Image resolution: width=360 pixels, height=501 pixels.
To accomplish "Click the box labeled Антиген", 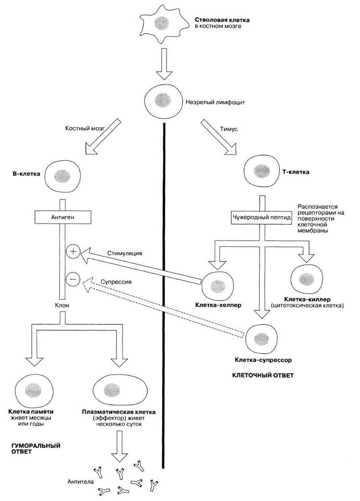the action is click(x=63, y=217).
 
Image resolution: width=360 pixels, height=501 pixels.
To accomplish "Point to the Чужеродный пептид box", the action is click(x=261, y=218).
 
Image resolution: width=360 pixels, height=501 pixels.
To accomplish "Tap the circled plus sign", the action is click(x=73, y=252).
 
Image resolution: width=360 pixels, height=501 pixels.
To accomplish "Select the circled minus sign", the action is click(x=73, y=279).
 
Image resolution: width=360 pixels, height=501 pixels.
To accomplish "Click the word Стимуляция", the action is click(x=125, y=253).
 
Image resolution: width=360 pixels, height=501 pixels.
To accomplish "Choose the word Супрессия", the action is click(x=116, y=282).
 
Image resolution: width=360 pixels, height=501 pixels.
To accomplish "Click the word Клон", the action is click(x=62, y=305).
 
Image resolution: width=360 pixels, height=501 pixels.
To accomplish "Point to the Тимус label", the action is click(x=229, y=129).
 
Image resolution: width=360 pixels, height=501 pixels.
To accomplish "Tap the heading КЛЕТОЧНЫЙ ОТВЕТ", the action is click(x=263, y=375).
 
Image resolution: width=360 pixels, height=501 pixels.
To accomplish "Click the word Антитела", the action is click(x=81, y=481).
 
